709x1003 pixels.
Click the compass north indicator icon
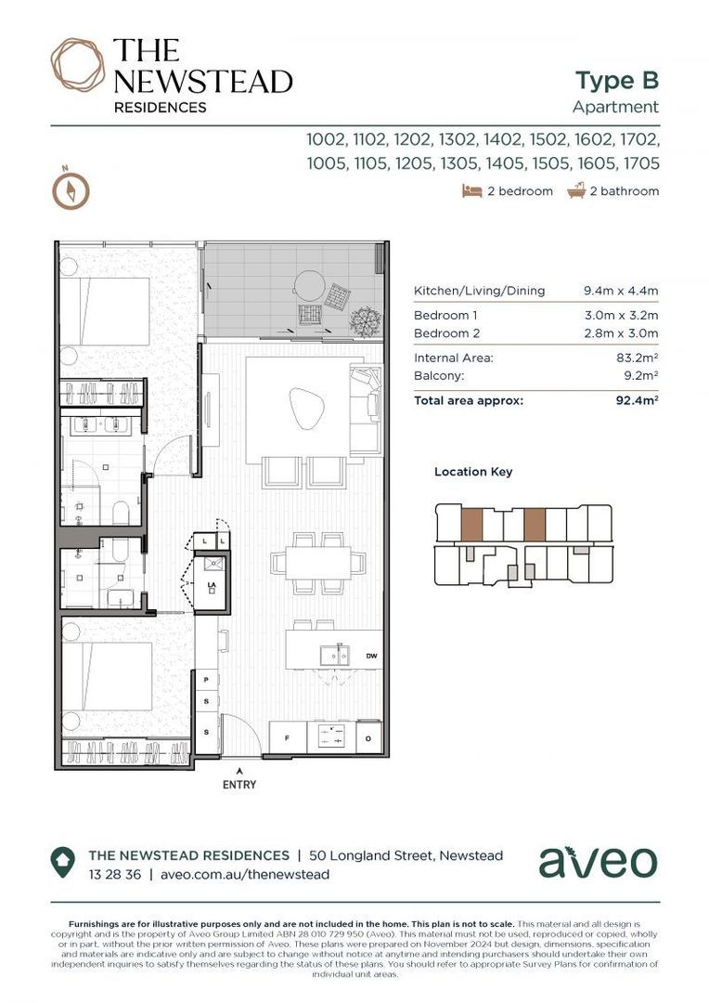point(71,189)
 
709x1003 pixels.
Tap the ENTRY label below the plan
point(239,785)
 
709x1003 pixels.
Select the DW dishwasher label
point(371,656)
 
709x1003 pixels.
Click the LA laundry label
point(211,586)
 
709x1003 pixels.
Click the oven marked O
point(367,737)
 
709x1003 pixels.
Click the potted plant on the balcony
point(365,321)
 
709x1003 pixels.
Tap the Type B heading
point(616,80)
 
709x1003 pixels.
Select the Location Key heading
point(473,472)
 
